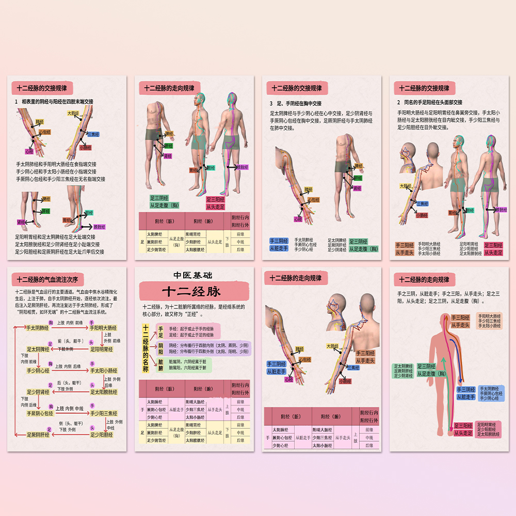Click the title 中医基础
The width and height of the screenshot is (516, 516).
193,276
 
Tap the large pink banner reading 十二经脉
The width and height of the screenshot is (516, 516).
193,291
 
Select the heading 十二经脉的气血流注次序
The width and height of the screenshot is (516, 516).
47,280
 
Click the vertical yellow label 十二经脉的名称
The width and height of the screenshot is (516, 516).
146,349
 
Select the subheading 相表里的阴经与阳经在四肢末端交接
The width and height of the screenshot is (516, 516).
57,102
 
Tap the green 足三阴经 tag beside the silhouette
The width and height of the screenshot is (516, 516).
427,369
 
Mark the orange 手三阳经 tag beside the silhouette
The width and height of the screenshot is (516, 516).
460,321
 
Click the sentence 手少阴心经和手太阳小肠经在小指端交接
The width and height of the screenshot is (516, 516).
56,172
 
